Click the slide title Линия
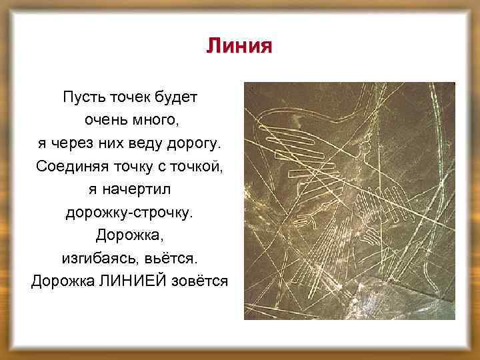tap(239, 46)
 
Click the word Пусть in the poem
tap(81, 97)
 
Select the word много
tap(155, 121)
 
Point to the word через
tap(73, 143)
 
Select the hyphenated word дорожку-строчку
tap(129, 212)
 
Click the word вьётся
tap(175, 258)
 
